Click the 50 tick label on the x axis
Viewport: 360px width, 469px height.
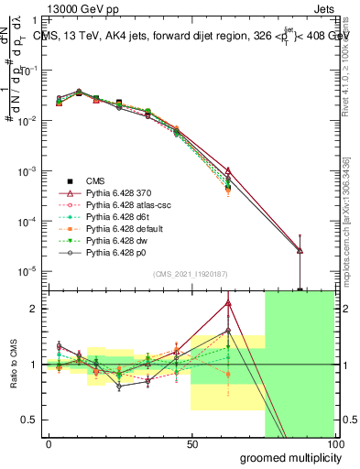[x=191, y=442]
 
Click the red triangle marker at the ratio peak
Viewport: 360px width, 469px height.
[x=228, y=303]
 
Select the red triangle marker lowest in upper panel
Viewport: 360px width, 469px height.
[x=300, y=250]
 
